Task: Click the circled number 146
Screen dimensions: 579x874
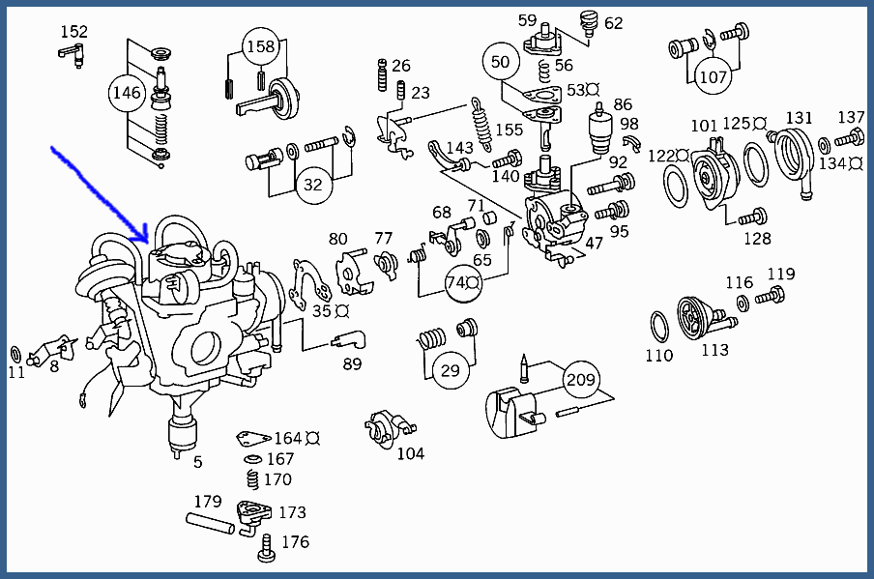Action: coord(127,94)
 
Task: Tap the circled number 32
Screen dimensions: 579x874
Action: coord(312,185)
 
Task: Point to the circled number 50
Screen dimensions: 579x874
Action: coord(500,62)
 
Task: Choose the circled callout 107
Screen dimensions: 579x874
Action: coord(713,76)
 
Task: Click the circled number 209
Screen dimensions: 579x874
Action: coord(581,380)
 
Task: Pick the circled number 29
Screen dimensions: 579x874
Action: coord(450,371)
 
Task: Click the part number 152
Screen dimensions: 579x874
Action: coord(74,32)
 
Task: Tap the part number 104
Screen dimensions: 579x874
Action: coord(410,453)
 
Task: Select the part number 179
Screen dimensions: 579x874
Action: coord(208,502)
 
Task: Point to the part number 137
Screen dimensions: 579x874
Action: coord(851,118)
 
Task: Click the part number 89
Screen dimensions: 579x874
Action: coord(352,363)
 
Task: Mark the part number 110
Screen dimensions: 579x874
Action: coord(658,355)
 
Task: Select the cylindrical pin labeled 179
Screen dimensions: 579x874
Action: coord(209,526)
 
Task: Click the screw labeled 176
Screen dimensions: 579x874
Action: coord(266,552)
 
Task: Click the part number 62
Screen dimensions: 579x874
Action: coord(614,22)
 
